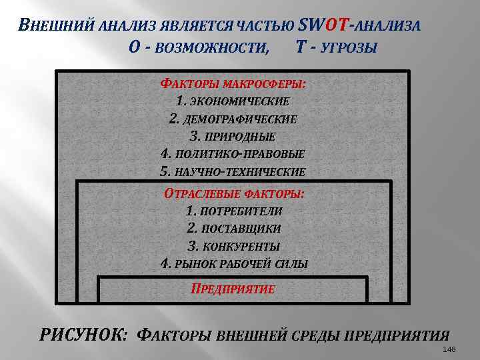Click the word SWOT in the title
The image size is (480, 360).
point(323,25)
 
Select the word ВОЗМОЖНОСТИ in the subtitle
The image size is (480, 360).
point(208,48)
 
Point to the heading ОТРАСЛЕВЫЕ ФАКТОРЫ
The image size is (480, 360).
point(234,194)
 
